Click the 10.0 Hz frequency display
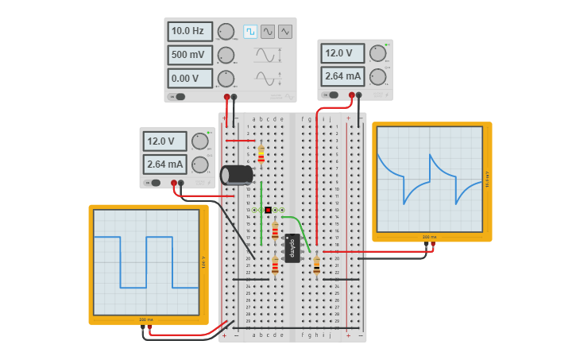189,32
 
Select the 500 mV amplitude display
189,56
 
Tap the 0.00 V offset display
189,79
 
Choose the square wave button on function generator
250,32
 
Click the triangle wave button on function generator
285,32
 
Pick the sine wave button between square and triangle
268,32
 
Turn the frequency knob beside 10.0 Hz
226,32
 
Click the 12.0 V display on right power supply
342,54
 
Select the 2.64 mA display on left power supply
164,165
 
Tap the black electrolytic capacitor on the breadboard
236,175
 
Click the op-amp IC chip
292,247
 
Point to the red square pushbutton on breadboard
268,210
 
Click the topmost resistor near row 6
261,154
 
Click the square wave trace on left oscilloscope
146,262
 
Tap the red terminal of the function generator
226,97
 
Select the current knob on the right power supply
377,77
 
